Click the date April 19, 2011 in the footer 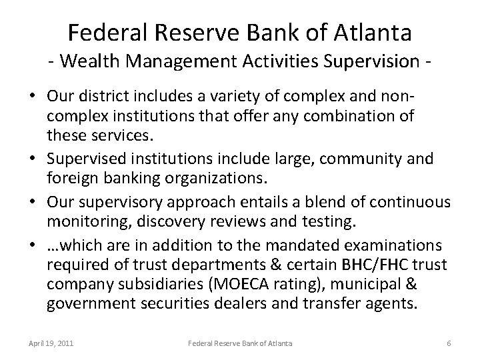point(51,343)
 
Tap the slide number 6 point(449,343)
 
